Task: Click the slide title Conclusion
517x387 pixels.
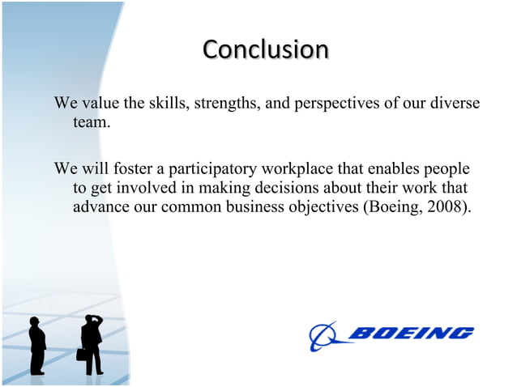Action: (265, 49)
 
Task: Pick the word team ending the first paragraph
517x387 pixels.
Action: (90, 123)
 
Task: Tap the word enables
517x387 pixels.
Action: (395, 169)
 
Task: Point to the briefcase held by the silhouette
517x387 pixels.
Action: (81, 354)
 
